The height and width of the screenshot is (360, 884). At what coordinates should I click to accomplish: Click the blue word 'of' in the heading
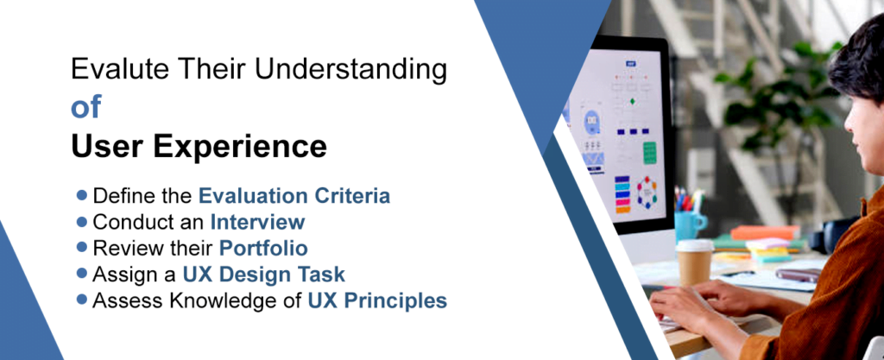point(85,108)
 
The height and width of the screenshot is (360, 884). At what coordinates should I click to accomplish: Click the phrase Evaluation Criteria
point(294,196)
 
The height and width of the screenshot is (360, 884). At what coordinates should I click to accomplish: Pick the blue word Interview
point(257,222)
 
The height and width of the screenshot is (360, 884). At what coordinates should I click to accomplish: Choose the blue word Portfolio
point(263,249)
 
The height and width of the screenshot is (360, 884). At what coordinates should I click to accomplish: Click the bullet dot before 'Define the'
point(82,195)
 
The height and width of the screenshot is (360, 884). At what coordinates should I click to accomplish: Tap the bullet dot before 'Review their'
point(82,248)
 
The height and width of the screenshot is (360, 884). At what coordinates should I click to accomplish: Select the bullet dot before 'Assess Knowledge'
point(82,300)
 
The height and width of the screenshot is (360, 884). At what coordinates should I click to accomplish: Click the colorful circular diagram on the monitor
point(647,192)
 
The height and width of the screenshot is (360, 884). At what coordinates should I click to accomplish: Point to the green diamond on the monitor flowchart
point(632,101)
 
